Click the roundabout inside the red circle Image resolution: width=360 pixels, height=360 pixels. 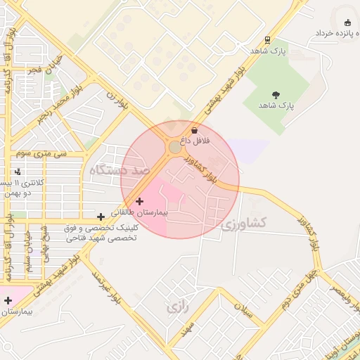click(x=174, y=147)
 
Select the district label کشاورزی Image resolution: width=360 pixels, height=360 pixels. click(x=243, y=224)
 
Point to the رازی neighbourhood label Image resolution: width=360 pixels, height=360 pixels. click(x=174, y=307)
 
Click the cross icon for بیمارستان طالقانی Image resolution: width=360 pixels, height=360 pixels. click(x=139, y=201)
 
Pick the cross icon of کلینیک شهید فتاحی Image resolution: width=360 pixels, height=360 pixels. click(x=101, y=217)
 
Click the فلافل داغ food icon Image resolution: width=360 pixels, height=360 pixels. click(x=195, y=130)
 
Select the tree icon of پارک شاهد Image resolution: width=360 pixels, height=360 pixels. click(x=275, y=95)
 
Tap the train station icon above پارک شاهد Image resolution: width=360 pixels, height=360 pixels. click(x=267, y=40)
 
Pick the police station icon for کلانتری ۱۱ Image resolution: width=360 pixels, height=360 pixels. click(x=18, y=172)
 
